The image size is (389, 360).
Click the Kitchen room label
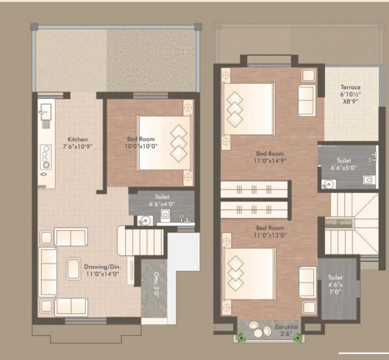coord(77,139)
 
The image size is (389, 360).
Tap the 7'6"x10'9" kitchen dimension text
coord(77,147)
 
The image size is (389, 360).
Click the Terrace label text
coord(351,87)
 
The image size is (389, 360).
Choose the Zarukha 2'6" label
coord(286,326)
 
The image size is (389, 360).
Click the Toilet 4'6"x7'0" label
coord(335,284)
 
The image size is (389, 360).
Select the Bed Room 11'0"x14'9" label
coord(270,157)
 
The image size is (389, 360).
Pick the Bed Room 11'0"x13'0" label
coord(270,231)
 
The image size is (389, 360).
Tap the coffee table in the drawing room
coord(73,269)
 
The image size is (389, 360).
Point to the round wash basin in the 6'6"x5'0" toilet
coord(328,184)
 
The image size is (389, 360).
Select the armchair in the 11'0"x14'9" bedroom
coord(307,100)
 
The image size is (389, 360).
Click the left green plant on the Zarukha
coord(242,336)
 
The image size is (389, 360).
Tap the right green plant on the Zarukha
coord(298,336)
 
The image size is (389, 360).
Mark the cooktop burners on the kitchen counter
coord(46,157)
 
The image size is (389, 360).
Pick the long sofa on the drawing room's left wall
coord(48,272)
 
